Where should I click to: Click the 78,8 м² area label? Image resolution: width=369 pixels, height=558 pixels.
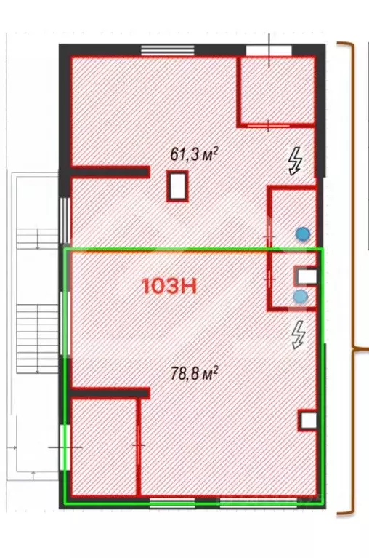click(194, 374)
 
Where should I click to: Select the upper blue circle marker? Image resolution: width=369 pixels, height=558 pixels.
click(301, 234)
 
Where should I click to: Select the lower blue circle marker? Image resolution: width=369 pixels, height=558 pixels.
click(300, 296)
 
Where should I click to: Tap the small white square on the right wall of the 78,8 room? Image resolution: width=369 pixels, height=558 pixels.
click(308, 420)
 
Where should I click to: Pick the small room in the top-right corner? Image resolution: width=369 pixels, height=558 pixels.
click(277, 90)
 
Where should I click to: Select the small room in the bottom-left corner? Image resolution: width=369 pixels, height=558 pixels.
click(103, 445)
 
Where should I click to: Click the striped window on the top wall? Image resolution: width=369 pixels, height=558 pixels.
click(161, 50)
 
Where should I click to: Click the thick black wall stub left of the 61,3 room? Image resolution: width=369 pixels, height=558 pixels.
click(110, 172)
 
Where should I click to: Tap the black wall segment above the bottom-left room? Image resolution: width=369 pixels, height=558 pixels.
click(109, 393)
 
